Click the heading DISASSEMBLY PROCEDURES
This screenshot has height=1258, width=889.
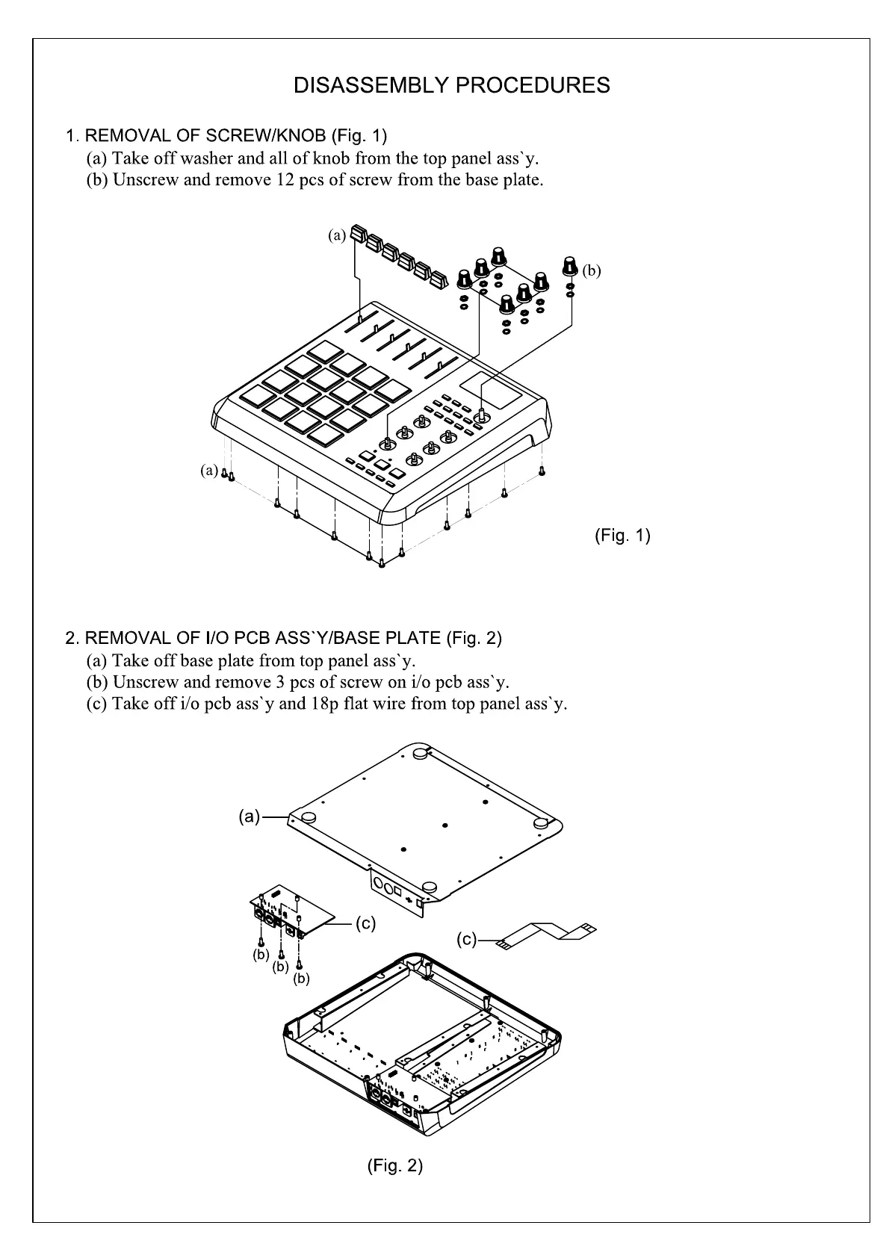451,86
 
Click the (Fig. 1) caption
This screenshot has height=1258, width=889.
622,536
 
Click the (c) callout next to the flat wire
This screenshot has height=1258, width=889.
467,940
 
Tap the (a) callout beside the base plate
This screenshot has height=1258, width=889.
250,817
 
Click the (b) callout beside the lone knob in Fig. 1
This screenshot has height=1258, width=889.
591,271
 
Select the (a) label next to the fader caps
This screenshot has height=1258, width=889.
337,235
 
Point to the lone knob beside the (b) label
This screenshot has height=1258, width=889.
571,265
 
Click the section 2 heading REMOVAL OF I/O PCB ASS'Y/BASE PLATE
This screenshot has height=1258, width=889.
284,638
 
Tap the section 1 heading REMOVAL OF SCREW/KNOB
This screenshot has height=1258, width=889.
226,136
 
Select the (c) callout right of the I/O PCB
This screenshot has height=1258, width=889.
365,924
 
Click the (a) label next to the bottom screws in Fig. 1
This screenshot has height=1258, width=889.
208,471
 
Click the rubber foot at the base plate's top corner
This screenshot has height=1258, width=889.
419,754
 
